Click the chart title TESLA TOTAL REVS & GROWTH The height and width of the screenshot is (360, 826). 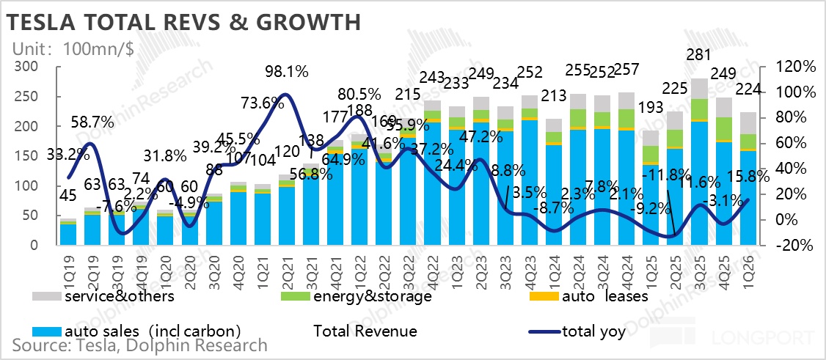[183, 22]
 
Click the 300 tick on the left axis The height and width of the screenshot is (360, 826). [28, 67]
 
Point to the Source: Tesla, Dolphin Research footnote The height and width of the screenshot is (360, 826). [139, 345]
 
